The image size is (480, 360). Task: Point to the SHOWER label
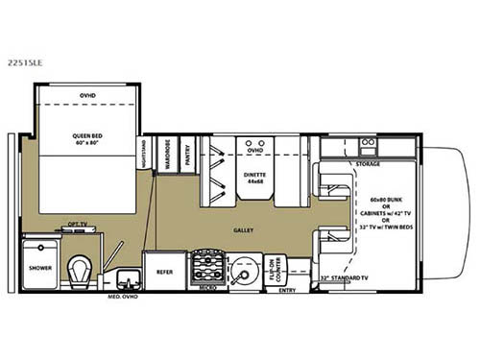pyautogui.click(x=40, y=268)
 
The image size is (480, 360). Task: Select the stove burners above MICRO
pyautogui.click(x=205, y=265)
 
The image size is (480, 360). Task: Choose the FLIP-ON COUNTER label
pyautogui.click(x=272, y=268)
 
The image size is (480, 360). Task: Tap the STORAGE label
pyautogui.click(x=368, y=163)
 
